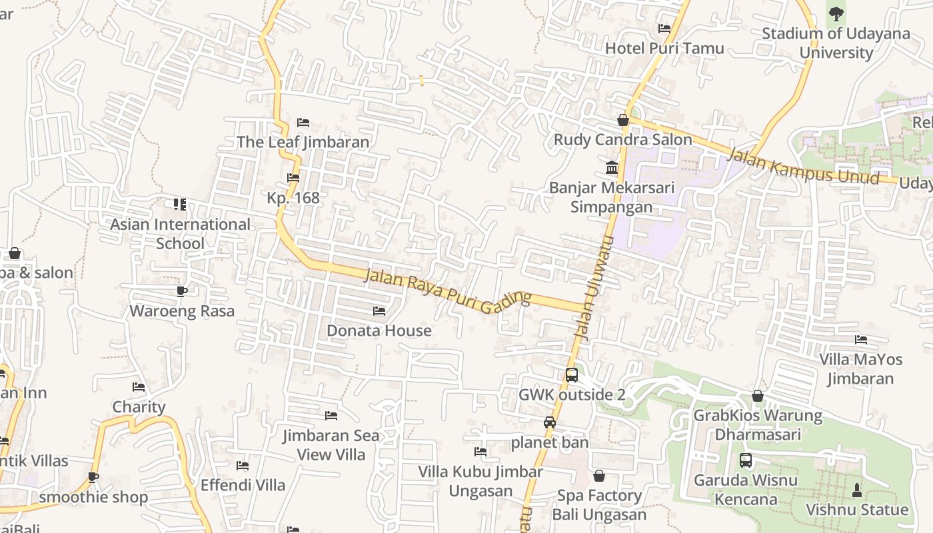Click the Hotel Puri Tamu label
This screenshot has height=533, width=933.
[664, 48]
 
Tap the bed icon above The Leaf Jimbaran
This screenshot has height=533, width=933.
[303, 123]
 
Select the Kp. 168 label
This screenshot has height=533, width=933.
[293, 198]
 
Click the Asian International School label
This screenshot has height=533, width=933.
[180, 234]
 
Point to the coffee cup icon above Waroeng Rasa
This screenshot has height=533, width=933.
[182, 291]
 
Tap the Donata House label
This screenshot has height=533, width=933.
[379, 330]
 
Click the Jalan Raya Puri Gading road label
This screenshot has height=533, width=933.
[448, 287]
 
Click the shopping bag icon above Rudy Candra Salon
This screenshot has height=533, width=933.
[623, 120]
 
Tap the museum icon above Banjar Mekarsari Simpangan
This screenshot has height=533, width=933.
[612, 167]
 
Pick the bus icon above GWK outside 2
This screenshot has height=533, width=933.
[571, 374]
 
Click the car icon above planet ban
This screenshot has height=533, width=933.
[550, 422]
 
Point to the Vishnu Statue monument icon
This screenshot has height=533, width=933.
[857, 490]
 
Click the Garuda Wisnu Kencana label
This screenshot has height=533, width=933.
[745, 490]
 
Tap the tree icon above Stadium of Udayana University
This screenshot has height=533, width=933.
[836, 13]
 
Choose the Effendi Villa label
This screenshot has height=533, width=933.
[243, 485]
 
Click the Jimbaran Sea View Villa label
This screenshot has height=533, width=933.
[331, 445]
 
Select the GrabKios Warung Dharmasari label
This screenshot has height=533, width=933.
[758, 425]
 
